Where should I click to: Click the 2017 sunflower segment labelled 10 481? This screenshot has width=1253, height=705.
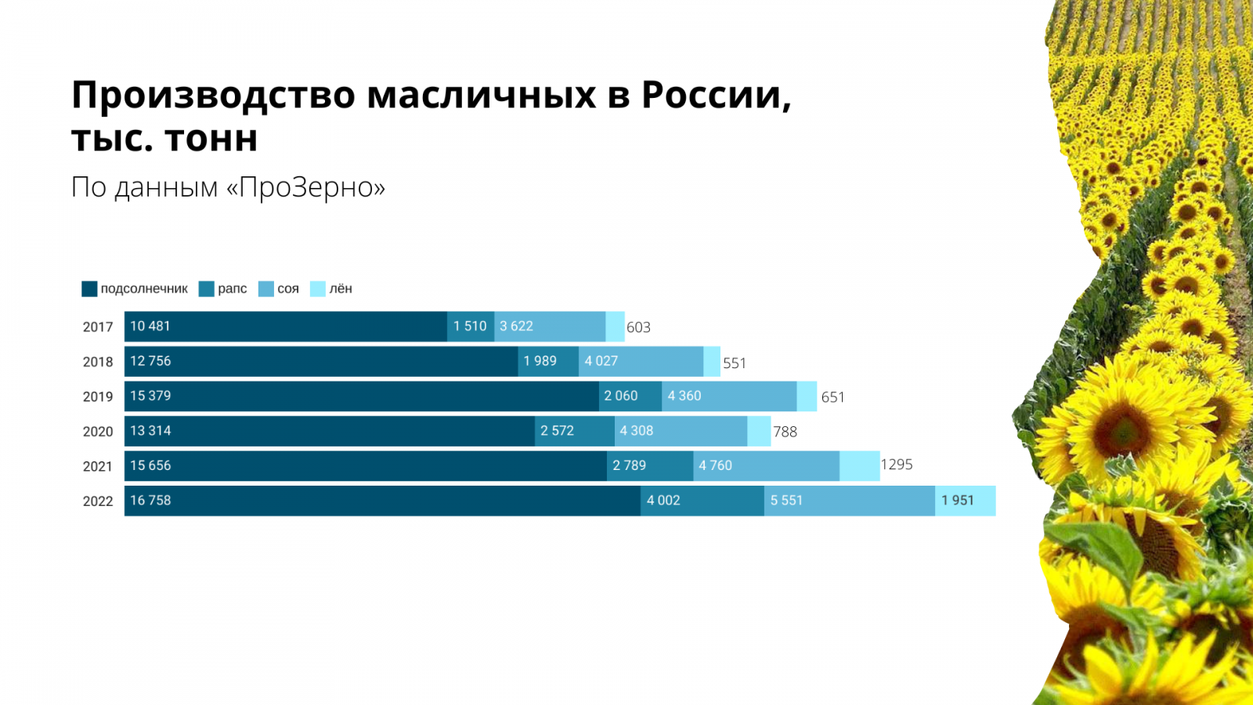tap(286, 327)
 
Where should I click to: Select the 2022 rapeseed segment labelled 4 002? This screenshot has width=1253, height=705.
tap(702, 501)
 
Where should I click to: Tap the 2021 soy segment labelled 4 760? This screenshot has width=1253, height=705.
tap(767, 466)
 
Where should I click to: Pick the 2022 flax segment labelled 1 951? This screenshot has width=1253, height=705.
tap(966, 501)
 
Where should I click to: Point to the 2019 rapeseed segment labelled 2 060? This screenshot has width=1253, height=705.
tap(630, 396)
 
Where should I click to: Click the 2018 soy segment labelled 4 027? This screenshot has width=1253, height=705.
tap(641, 361)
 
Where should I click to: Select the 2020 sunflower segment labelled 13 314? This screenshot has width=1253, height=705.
tap(330, 431)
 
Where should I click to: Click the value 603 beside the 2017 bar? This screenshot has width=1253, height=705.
tap(638, 327)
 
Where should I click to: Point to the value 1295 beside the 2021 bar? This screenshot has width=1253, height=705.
tap(897, 465)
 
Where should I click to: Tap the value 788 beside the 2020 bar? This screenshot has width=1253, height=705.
tap(785, 432)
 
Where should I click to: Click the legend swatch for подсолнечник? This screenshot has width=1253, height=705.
tap(89, 289)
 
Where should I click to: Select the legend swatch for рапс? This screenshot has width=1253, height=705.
tap(207, 289)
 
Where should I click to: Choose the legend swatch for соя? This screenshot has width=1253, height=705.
tap(266, 289)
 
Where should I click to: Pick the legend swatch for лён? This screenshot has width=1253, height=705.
tap(318, 289)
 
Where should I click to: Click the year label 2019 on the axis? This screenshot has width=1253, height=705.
tap(98, 397)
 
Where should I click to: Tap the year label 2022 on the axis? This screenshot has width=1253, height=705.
tap(98, 501)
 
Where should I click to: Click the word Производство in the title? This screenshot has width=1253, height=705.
tap(213, 96)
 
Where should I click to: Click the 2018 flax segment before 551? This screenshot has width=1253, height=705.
tap(712, 361)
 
